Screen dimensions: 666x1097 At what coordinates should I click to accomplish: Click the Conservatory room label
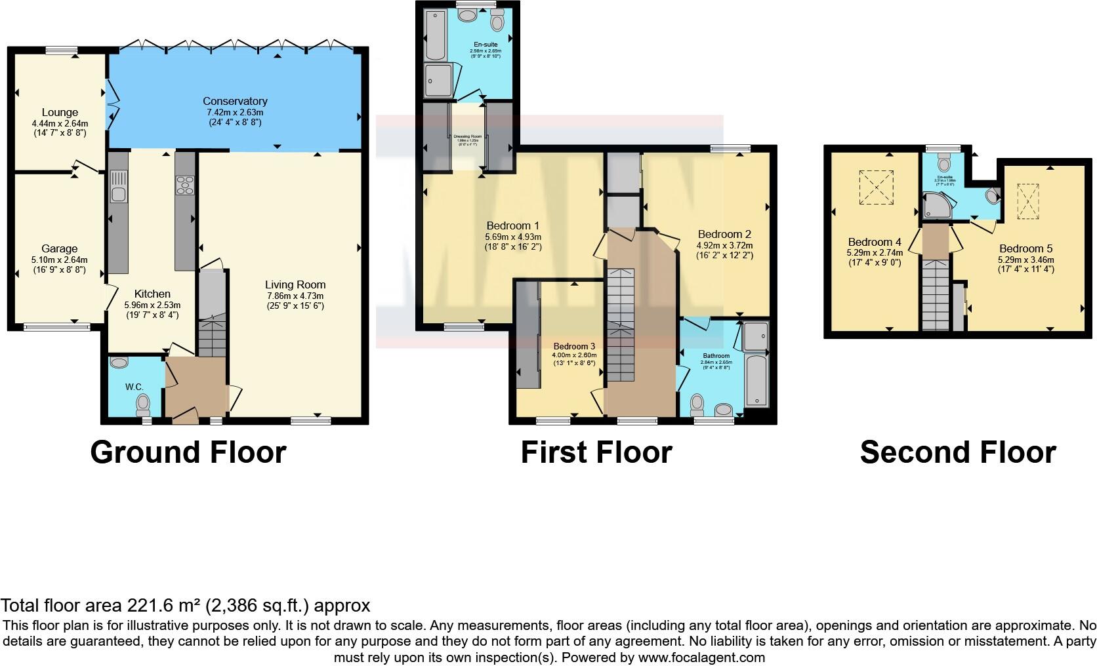(x=235, y=101)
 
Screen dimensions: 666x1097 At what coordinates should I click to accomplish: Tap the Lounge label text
(x=60, y=113)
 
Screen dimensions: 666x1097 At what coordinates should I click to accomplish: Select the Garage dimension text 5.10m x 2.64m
(x=60, y=260)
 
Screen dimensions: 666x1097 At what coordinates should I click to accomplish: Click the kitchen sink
(x=119, y=186)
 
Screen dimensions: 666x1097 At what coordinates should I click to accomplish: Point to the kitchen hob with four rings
(x=185, y=186)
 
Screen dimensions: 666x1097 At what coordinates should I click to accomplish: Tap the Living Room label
(x=295, y=284)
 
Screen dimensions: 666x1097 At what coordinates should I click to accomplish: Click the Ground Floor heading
(x=188, y=452)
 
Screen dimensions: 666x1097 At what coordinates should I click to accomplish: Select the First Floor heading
(x=596, y=452)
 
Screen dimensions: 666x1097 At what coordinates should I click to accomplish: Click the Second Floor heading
(x=958, y=452)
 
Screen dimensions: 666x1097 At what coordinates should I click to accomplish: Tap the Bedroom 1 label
(x=513, y=226)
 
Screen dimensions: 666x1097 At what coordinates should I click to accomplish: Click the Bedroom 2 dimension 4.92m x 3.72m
(x=724, y=245)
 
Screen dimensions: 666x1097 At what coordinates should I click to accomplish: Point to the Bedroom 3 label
(x=574, y=346)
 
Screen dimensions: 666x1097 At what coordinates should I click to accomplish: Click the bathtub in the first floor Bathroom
(x=757, y=381)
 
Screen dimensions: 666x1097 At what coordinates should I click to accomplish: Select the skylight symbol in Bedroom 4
(x=876, y=187)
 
